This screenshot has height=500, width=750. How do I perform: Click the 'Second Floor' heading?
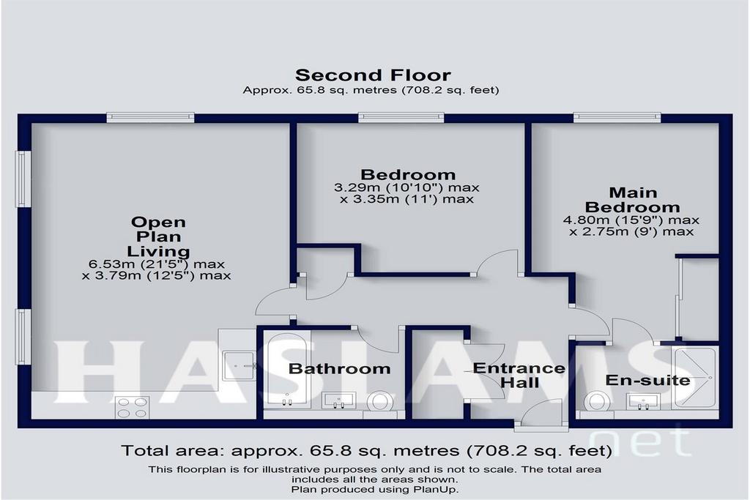373,75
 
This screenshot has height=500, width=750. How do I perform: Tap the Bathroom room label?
340,368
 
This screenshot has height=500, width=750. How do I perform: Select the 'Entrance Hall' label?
519,376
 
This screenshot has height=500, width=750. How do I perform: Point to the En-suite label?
647,381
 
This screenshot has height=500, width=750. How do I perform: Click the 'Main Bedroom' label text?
632,200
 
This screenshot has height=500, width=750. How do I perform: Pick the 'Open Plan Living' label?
158,236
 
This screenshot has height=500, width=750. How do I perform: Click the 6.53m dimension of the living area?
157,264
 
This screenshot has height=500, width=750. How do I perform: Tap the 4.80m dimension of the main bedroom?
631,220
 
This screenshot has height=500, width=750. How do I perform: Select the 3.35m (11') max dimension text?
407,199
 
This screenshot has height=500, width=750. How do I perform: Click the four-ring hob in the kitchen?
132,408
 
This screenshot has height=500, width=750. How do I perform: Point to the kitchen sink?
240,366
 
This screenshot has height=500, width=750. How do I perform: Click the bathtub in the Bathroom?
287,370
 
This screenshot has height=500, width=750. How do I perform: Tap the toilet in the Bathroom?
380,401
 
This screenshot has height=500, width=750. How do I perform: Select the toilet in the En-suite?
598,400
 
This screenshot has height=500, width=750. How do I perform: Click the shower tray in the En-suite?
694,378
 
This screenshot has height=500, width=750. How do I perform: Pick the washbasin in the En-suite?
643,401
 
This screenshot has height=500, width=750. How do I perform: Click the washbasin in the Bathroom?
338,400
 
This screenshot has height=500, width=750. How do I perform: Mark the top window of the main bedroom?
617,116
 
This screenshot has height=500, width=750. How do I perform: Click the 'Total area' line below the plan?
366,451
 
